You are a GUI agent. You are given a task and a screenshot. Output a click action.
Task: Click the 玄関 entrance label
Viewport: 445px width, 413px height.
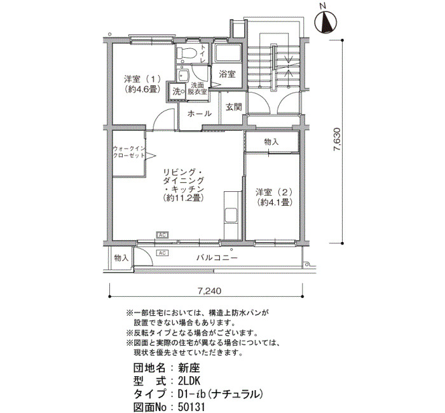coord(234,107)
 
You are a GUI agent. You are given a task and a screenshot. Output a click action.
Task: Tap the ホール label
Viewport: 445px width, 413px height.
coord(199,114)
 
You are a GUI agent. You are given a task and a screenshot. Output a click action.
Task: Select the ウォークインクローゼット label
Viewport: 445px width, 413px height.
coord(129,152)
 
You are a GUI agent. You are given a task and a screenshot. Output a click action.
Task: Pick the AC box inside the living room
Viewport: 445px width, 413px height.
coord(162,235)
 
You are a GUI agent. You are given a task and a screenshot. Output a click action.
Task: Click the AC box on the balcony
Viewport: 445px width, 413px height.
coord(162,253)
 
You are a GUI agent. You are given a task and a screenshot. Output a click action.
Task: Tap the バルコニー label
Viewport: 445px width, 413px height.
coord(217,258)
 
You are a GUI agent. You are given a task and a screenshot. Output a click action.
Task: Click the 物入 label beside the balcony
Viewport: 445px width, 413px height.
coord(121,258)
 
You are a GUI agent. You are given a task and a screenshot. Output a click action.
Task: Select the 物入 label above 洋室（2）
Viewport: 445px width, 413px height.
coord(271,142)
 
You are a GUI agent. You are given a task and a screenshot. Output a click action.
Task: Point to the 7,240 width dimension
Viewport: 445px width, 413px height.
coord(209,291)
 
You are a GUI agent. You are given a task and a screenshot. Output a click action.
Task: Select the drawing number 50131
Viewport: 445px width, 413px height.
coord(191,407)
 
